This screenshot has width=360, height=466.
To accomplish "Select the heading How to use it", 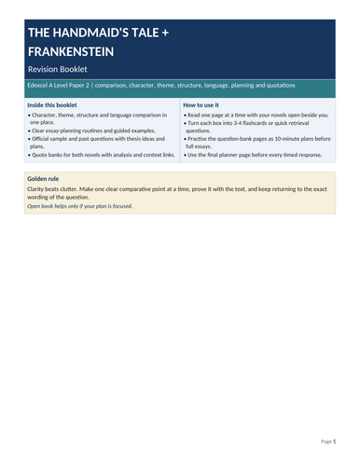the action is pyautogui.click(x=202, y=105).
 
